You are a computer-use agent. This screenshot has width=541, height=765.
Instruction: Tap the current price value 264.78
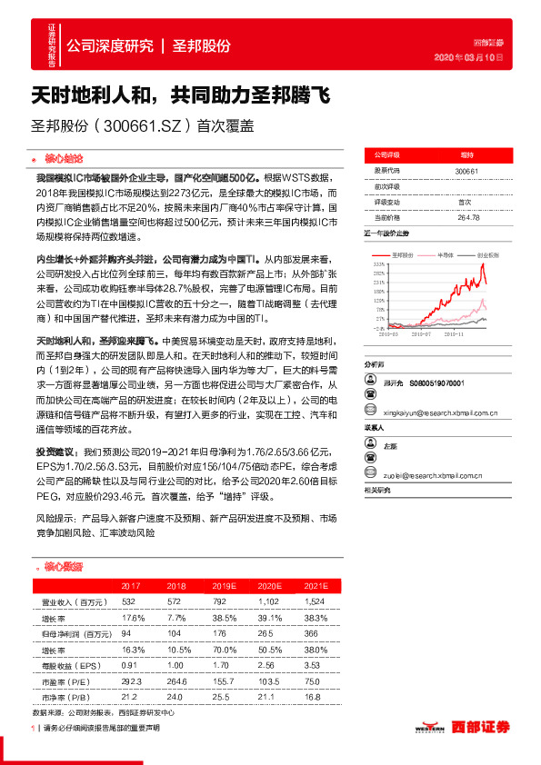[468, 217]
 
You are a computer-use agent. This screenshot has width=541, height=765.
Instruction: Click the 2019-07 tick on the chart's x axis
[423, 334]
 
